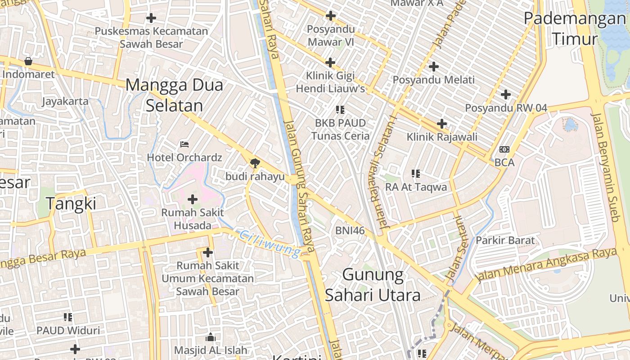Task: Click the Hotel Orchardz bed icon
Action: point(184,144)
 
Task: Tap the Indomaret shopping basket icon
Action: point(28,61)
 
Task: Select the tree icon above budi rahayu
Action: point(255,163)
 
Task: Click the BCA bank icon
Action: point(504,149)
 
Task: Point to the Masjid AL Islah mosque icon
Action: point(210,337)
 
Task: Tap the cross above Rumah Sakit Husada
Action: point(193,199)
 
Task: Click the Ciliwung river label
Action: point(270,244)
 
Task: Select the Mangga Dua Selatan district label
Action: point(174,95)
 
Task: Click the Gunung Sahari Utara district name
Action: point(373,284)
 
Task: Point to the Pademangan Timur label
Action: point(575,29)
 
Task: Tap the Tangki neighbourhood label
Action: point(72,204)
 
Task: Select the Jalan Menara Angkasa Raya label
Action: point(547,265)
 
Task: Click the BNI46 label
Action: point(350,230)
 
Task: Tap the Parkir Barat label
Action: point(505,240)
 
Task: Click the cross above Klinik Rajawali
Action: point(442,124)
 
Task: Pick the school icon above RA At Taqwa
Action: point(416,174)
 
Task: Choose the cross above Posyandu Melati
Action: point(434,67)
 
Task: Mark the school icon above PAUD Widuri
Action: point(68,317)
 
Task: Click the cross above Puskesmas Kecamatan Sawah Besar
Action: point(151,18)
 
